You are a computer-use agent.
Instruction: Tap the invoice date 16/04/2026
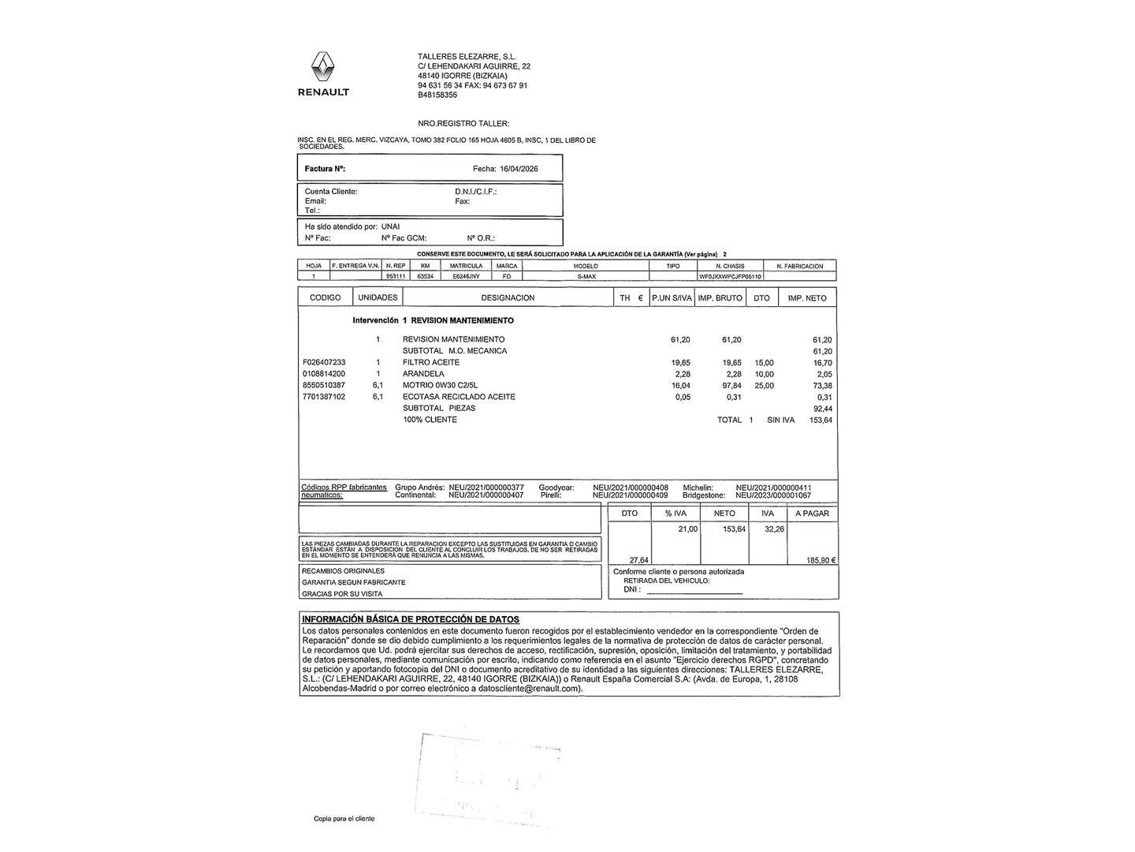point(519,169)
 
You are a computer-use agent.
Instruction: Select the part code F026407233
point(324,362)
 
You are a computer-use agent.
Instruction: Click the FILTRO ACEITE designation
point(430,362)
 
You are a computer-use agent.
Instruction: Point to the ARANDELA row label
point(423,374)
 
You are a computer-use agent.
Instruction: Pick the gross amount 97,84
point(731,386)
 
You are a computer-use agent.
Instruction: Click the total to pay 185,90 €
point(821,560)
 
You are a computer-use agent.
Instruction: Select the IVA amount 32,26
point(774,529)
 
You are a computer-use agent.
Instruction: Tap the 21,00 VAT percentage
point(687,529)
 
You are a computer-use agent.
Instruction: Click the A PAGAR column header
point(812,514)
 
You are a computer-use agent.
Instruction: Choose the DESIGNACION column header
point(508,297)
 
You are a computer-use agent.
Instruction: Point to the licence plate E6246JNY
point(466,277)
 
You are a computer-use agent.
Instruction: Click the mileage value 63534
point(426,277)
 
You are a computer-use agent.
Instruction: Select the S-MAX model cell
point(586,277)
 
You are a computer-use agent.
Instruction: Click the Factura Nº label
point(325,169)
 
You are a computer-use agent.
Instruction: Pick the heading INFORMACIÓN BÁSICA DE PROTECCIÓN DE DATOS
point(411,619)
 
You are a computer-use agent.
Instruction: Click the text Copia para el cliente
point(344,819)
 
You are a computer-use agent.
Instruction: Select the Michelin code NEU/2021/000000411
point(773,488)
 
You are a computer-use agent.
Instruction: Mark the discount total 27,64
point(638,560)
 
